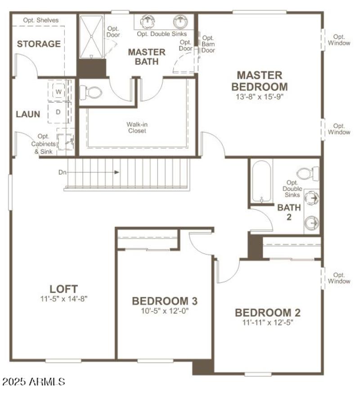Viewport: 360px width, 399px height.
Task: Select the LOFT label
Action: pyautogui.click(x=63, y=289)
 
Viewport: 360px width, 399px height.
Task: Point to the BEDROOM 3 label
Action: pyautogui.click(x=164, y=301)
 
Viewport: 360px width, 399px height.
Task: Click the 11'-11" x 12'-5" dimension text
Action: pyautogui.click(x=267, y=322)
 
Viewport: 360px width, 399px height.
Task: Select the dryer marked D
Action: pyautogui.click(x=58, y=112)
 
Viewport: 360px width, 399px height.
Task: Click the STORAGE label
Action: pyautogui.click(x=39, y=44)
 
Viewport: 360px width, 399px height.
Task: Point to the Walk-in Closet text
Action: pyautogui.click(x=136, y=127)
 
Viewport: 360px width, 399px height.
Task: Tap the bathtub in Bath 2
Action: pyautogui.click(x=261, y=182)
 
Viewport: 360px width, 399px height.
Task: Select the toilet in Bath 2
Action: pyautogui.click(x=309, y=173)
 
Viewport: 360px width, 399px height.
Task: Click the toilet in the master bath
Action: pyautogui.click(x=91, y=93)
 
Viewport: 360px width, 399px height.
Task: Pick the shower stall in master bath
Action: pyautogui.click(x=92, y=36)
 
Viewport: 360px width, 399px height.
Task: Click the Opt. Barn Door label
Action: pyautogui.click(x=208, y=44)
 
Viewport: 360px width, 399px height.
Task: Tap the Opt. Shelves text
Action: pyautogui.click(x=41, y=20)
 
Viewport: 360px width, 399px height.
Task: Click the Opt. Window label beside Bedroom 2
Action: pyautogui.click(x=339, y=278)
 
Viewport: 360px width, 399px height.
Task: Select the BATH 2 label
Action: pyautogui.click(x=288, y=212)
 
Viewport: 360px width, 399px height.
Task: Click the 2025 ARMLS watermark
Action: pyautogui.click(x=34, y=382)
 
